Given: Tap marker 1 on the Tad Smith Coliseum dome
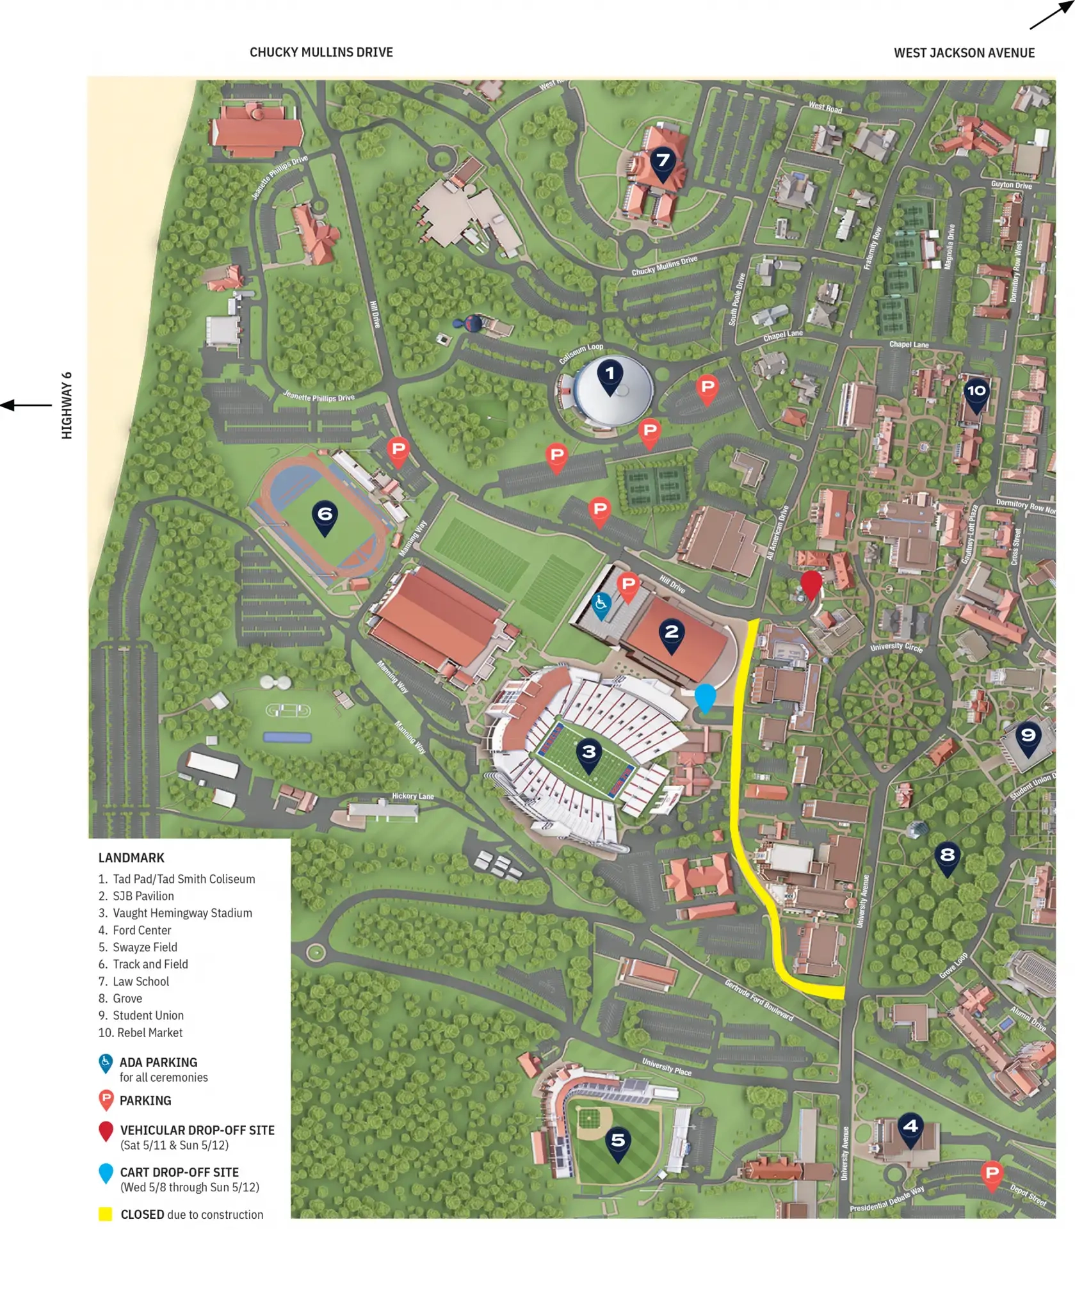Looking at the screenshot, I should [x=610, y=376].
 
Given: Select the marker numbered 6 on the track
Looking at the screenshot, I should [x=325, y=517].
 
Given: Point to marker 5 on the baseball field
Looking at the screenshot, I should [x=617, y=1143].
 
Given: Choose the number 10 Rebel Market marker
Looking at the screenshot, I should [x=976, y=394].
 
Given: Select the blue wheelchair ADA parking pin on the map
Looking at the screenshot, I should [x=601, y=605].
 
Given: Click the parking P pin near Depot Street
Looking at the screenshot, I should [x=992, y=1175].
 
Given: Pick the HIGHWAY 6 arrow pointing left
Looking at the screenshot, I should [x=26, y=405].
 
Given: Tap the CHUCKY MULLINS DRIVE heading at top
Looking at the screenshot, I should [x=321, y=52].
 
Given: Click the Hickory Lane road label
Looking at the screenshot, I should [x=412, y=796].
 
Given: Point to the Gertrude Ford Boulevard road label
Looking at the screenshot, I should [x=759, y=1001].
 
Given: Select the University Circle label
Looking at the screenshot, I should [x=896, y=647].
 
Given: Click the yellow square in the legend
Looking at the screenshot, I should [x=106, y=1214].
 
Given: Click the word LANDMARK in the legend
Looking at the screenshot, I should [x=131, y=858].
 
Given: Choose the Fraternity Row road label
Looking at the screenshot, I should [x=873, y=248].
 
